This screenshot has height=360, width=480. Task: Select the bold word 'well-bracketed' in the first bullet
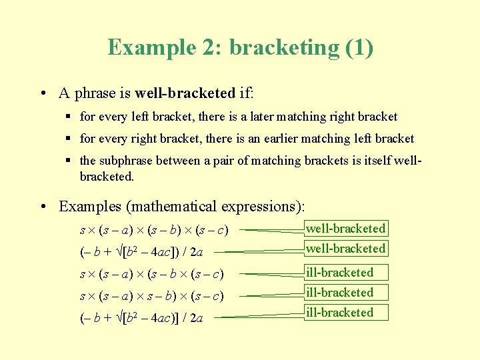pos(185,92)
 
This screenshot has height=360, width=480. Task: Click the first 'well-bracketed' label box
pos(345,229)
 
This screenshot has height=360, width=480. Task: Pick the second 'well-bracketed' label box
pos(345,249)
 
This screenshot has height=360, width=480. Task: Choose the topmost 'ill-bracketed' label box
pos(345,273)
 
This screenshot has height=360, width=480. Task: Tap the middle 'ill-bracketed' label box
pos(345,293)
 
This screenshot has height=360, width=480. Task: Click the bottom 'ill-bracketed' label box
pos(345,313)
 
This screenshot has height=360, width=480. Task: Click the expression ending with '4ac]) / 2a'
pos(142,252)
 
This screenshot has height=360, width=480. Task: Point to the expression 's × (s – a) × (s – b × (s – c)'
pos(151,274)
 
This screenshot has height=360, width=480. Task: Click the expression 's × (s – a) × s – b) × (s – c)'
pos(151,295)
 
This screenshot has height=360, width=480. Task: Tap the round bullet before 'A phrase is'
pos(42,93)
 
